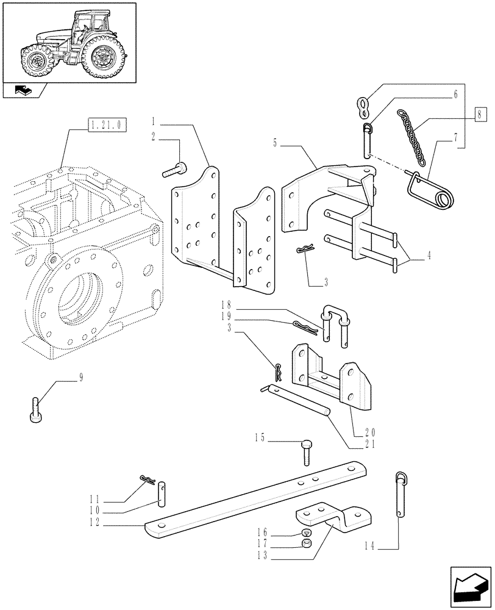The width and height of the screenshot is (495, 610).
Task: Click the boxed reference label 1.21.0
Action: (x=106, y=126)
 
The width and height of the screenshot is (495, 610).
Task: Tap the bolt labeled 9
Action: (x=35, y=409)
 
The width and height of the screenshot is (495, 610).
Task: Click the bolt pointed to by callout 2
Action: (x=176, y=170)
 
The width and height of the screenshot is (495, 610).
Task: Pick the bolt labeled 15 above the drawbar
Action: (x=307, y=452)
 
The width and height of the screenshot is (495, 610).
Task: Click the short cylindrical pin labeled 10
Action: (x=162, y=492)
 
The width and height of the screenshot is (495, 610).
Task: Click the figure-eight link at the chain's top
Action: (x=363, y=107)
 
